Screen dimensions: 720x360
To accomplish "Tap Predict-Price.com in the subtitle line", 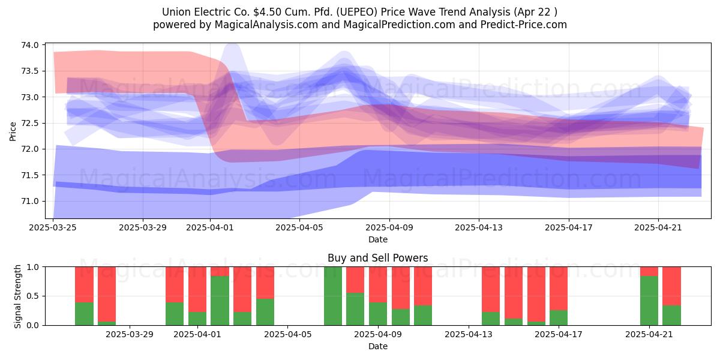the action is coord(523,25).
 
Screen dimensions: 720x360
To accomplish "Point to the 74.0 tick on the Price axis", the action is coord(30,45).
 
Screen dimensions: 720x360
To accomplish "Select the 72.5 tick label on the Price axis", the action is coord(30,123).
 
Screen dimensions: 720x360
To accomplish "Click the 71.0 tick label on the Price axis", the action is coord(30,201).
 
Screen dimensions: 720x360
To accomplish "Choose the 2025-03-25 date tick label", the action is coord(53,227).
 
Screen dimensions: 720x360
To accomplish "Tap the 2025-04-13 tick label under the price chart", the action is coord(479,227).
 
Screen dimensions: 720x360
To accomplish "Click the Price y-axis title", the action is coord(13,131).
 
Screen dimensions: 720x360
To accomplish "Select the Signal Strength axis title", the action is coord(17,296).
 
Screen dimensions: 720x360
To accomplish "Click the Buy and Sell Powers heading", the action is coord(377,258).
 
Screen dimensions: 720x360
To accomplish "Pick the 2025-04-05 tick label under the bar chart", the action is coord(287,335).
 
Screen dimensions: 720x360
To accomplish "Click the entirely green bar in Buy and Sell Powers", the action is coord(333,296).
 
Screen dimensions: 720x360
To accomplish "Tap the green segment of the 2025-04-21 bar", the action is coord(649,301).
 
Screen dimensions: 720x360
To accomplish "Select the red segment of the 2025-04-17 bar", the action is coord(559,289).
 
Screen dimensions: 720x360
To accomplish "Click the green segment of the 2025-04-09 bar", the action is coord(378,314).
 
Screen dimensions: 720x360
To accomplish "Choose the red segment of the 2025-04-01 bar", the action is coord(197,289).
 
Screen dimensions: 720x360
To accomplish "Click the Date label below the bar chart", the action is coord(377,347).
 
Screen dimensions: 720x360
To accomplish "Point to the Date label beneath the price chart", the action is coord(377,239).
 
